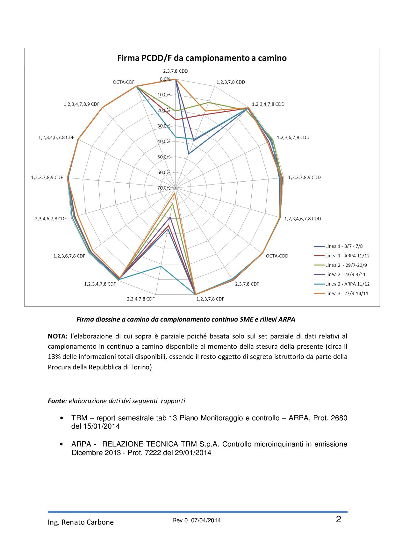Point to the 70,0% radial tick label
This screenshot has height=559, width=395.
coord(164,188)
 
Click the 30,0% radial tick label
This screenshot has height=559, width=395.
coord(164,126)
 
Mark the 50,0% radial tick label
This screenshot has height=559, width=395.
coord(164,157)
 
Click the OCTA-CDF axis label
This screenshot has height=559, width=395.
coord(124,82)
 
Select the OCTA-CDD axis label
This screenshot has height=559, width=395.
coord(277,256)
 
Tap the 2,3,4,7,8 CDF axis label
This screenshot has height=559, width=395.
coord(141,299)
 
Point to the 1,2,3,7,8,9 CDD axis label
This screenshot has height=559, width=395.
coord(305,178)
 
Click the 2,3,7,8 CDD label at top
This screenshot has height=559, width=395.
coord(175,71)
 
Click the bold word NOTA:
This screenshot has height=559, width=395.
coord(58,336)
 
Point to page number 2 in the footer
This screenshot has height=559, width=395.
coord(338,519)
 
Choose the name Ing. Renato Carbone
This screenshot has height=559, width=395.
coord(81,522)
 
